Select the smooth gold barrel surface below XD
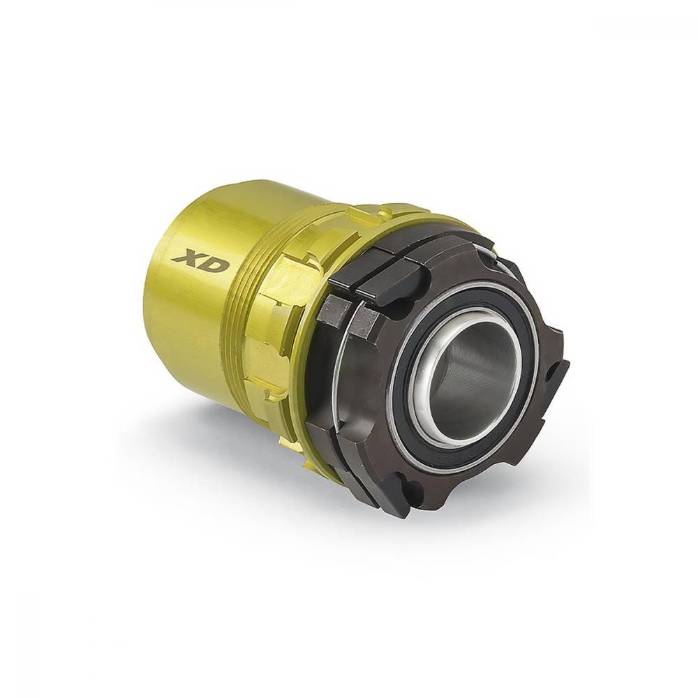click(188, 328)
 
